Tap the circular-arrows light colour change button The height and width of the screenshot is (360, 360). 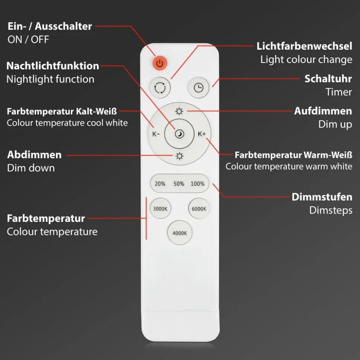click(x=160, y=88)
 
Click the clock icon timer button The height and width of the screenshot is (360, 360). click(x=199, y=87)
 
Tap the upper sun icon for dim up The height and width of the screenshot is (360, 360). click(x=180, y=111)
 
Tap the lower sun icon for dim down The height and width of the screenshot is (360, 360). click(x=180, y=156)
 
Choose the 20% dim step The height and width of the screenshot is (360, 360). click(x=160, y=184)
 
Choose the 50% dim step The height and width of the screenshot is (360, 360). click(x=179, y=184)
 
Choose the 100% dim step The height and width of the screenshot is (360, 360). click(x=197, y=184)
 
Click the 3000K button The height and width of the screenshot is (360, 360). click(x=160, y=209)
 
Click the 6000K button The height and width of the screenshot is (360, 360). click(x=199, y=209)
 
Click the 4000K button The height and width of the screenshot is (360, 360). click(x=180, y=233)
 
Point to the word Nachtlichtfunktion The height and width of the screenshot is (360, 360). click(x=53, y=66)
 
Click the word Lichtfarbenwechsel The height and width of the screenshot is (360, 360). click(x=304, y=46)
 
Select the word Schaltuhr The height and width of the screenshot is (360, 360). click(x=328, y=79)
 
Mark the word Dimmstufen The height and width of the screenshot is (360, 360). click(x=322, y=197)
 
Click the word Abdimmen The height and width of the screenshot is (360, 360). click(x=34, y=155)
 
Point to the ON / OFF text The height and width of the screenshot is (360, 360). click(x=28, y=39)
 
